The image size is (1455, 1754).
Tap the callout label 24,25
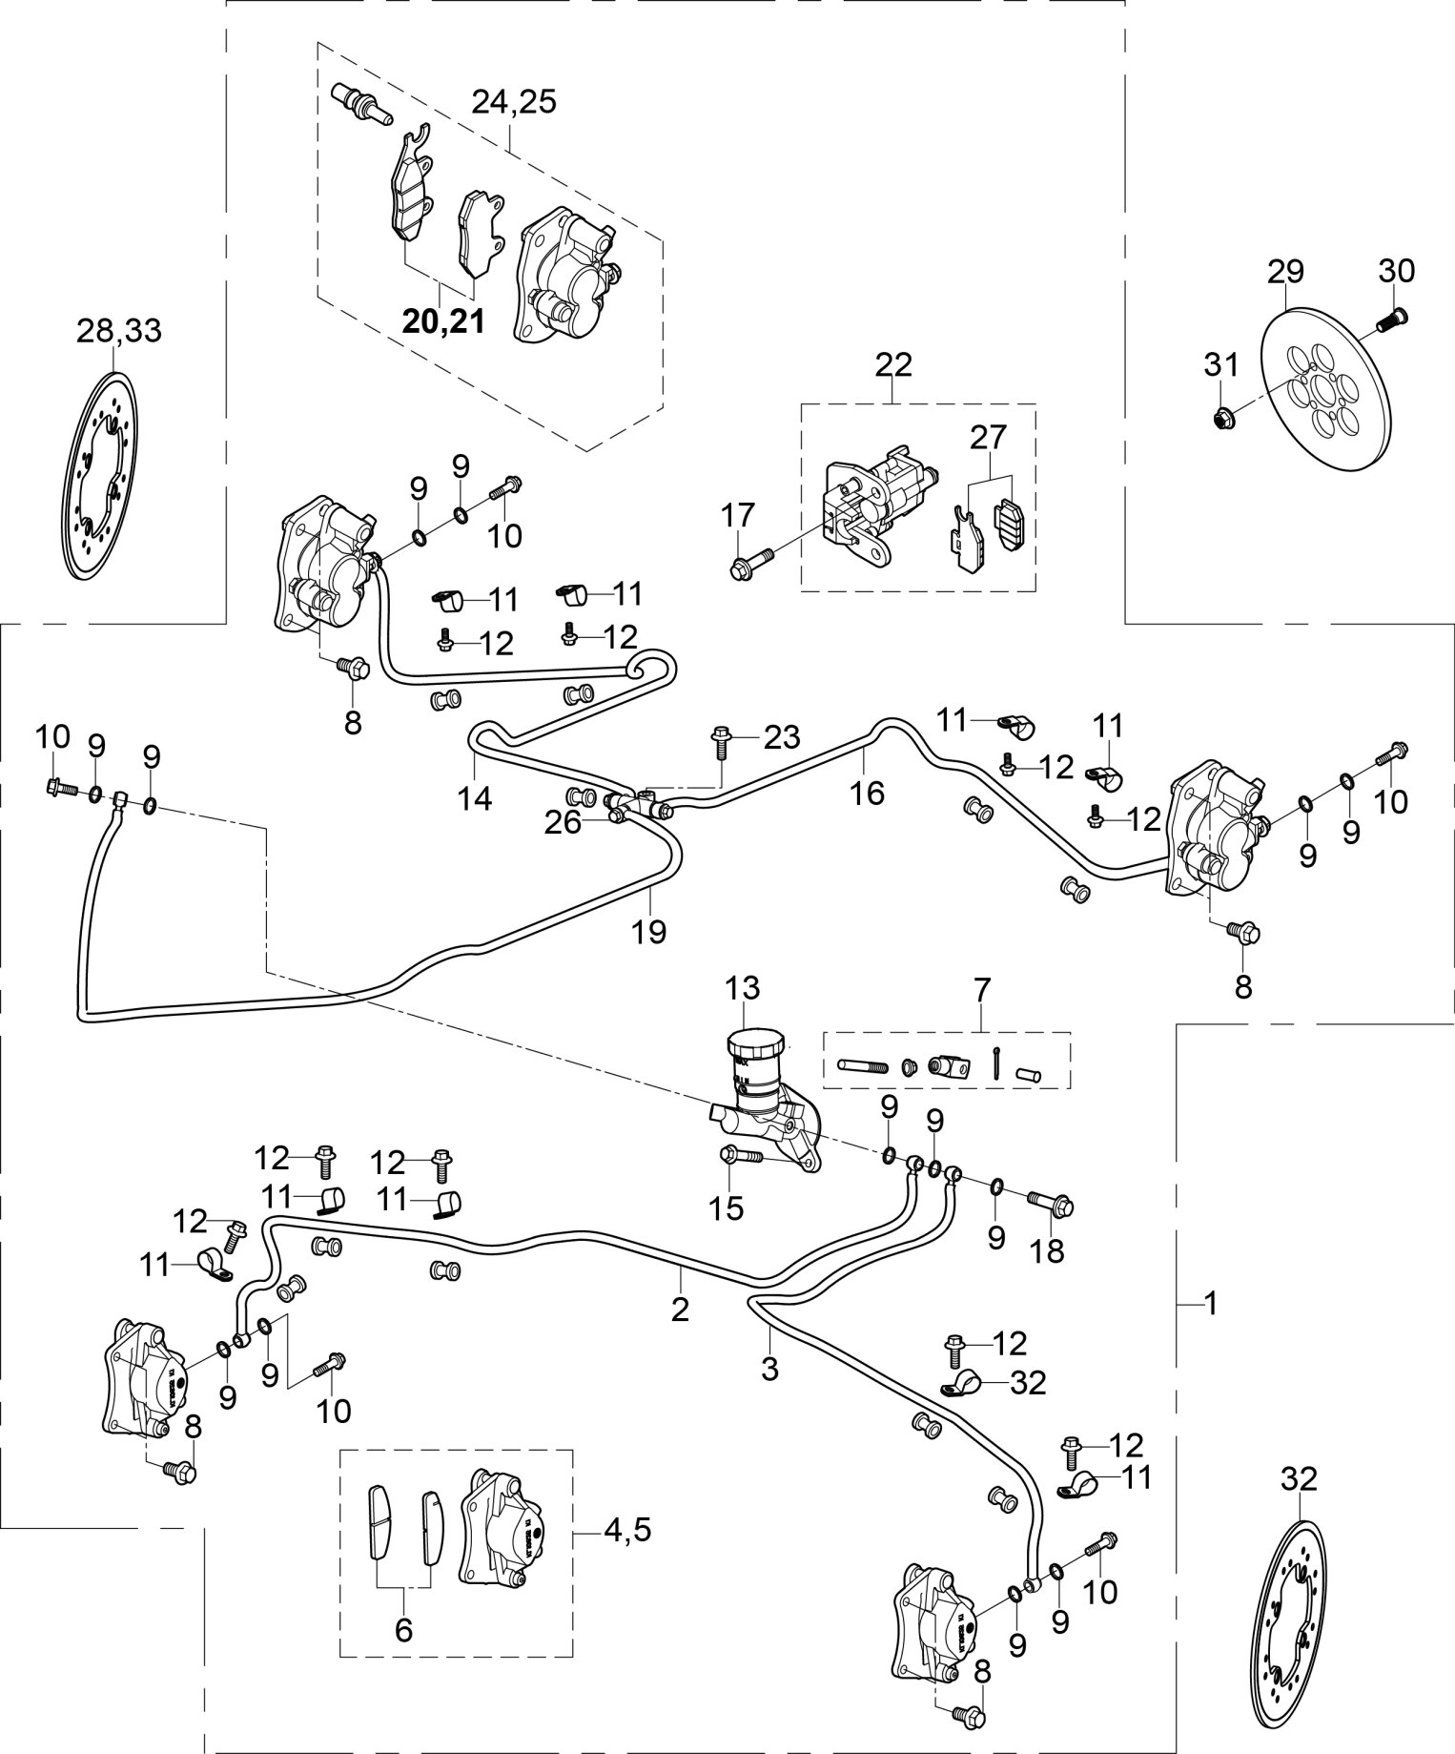click(x=515, y=101)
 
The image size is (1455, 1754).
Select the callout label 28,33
click(x=119, y=331)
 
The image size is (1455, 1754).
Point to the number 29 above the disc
click(x=1284, y=271)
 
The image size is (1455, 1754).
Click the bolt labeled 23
click(x=722, y=740)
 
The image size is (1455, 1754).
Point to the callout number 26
click(x=562, y=822)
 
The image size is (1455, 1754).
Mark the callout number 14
click(x=474, y=797)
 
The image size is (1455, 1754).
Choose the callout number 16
click(x=868, y=792)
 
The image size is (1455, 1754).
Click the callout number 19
click(x=649, y=931)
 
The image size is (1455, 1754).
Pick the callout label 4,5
click(x=627, y=1530)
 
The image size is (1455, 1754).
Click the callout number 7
click(x=981, y=987)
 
